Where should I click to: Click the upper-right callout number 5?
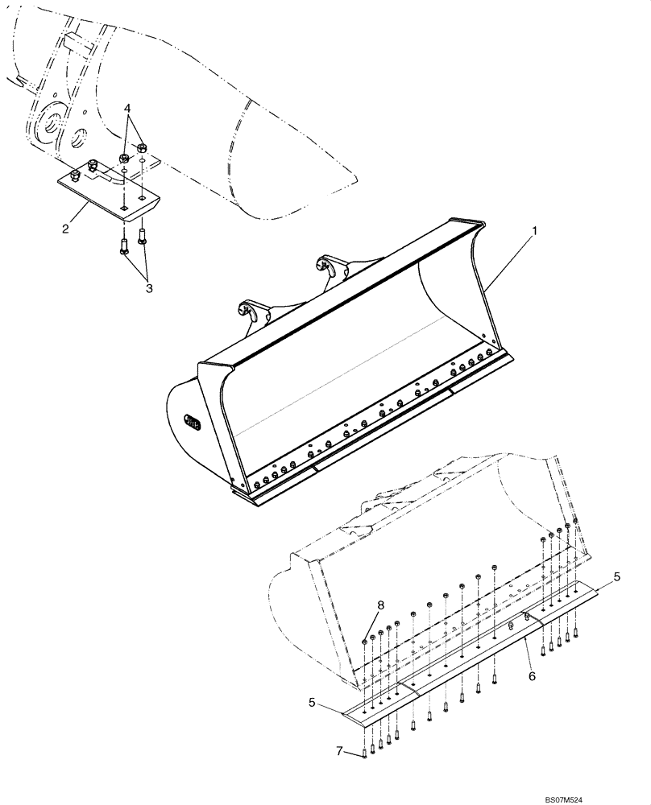pyautogui.click(x=616, y=577)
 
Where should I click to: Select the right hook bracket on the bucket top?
pyautogui.click(x=330, y=266)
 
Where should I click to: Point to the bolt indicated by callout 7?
pyautogui.click(x=364, y=753)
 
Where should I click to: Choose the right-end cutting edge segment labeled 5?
pyautogui.click(x=568, y=605)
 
